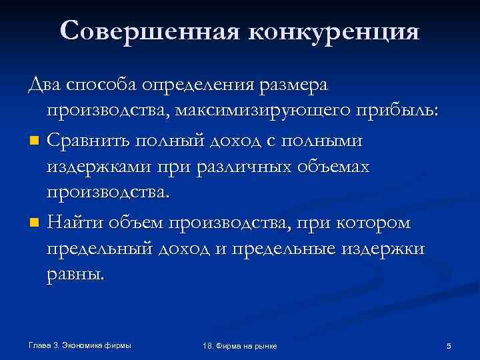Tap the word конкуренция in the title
click(329, 31)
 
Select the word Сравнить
click(90, 140)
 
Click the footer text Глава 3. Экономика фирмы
click(80, 345)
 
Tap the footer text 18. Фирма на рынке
click(239, 346)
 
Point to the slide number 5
click(449, 345)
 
